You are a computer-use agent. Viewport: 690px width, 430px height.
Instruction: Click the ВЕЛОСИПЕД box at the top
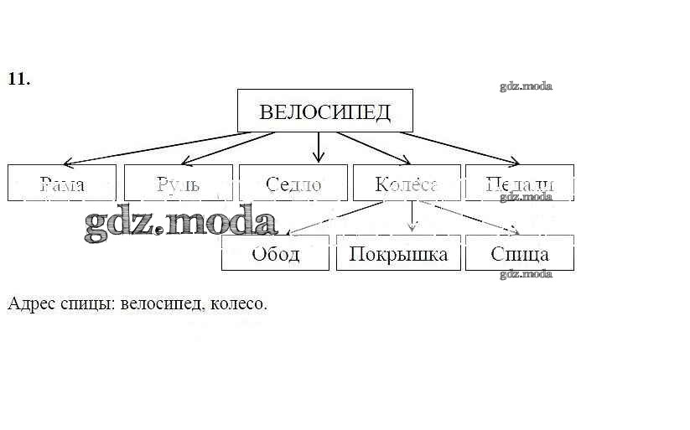click(324, 111)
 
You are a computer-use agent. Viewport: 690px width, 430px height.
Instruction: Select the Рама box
click(61, 183)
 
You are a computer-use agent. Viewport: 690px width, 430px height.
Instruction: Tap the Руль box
click(178, 183)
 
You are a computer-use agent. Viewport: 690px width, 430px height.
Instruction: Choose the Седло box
click(293, 183)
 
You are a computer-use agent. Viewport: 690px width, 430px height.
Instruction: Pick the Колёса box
click(407, 183)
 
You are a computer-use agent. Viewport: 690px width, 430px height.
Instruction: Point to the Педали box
click(519, 183)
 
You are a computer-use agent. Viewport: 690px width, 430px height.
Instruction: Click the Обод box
click(275, 252)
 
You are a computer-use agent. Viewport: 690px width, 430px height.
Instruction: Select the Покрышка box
click(398, 252)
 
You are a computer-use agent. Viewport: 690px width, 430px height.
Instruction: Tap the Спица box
click(519, 252)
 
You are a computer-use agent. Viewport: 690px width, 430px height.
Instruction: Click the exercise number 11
click(18, 79)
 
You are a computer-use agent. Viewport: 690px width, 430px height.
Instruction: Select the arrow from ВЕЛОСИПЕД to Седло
click(318, 148)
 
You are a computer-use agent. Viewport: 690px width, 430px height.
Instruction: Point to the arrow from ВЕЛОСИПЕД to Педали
click(461, 148)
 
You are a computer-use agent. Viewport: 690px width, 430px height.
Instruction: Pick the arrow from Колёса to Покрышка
click(411, 217)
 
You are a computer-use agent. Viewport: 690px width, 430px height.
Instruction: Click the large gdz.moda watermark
click(180, 223)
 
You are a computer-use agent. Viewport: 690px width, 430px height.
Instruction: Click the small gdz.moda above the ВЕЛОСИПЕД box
click(526, 85)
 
